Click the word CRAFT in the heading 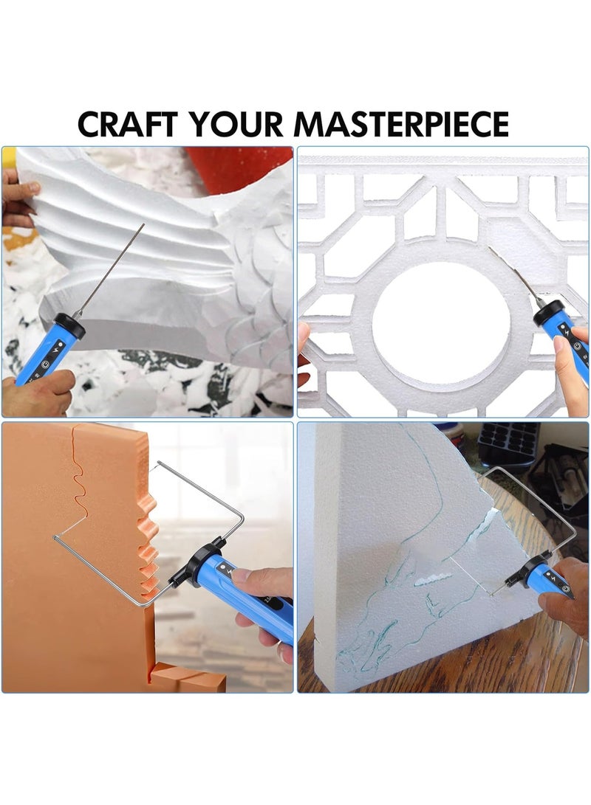tap(126, 123)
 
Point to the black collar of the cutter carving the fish tap(69, 325)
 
